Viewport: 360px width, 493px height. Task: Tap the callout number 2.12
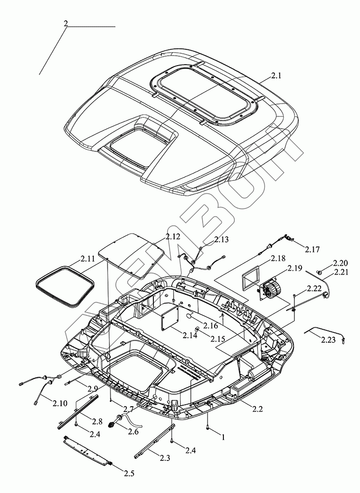(x=174, y=237)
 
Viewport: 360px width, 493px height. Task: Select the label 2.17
(x=312, y=249)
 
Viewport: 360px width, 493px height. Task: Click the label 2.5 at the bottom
(x=129, y=474)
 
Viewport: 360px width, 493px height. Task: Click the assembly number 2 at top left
(x=66, y=23)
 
